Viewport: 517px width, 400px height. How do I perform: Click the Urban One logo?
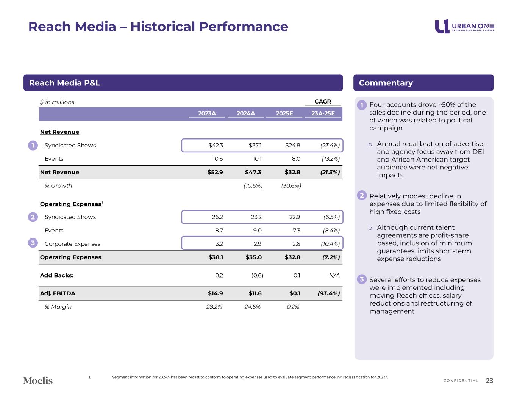point(464,26)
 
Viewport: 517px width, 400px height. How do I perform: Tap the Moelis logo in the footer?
point(38,380)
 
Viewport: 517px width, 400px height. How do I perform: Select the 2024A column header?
point(245,113)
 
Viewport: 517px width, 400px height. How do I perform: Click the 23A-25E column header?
point(323,113)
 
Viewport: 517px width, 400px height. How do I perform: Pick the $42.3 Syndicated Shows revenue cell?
point(216,145)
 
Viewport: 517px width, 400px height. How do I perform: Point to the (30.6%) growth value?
point(291,185)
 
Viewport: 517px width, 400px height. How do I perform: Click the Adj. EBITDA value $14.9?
point(215,293)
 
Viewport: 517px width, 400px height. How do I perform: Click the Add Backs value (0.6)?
point(257,275)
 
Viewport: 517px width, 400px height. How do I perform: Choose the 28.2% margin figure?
point(214,307)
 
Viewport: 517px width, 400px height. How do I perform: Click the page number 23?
point(489,381)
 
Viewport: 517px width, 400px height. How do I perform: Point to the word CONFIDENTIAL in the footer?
point(461,381)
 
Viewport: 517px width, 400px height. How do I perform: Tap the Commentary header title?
point(386,83)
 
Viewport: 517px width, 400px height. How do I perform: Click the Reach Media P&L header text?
point(64,83)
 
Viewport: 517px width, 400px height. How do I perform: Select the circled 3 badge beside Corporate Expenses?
point(33,243)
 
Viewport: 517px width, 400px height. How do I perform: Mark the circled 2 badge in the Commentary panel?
point(362,195)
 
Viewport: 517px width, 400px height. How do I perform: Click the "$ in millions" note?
point(57,102)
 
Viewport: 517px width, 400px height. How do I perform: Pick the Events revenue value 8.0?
point(296,159)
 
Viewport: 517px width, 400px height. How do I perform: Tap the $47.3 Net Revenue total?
point(253,172)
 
